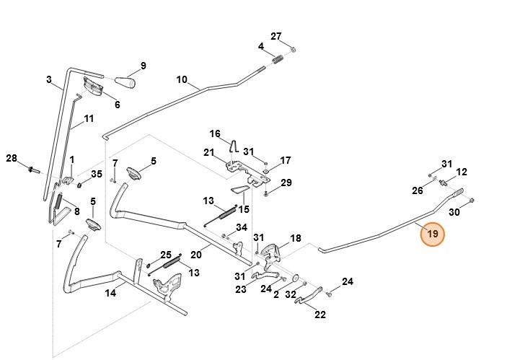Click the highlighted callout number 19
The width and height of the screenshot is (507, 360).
click(x=433, y=234)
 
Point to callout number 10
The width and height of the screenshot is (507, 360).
click(x=182, y=79)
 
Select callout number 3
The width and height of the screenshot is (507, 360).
click(x=49, y=80)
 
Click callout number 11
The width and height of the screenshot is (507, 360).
click(x=89, y=118)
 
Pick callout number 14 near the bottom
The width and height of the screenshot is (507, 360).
click(x=110, y=293)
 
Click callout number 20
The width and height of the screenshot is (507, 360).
click(x=195, y=254)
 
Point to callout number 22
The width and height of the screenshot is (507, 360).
click(x=319, y=314)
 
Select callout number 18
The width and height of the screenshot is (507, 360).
click(x=295, y=238)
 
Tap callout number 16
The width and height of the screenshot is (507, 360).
click(x=214, y=133)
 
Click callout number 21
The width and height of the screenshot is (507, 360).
click(x=209, y=152)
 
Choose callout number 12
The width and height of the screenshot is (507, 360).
click(x=462, y=172)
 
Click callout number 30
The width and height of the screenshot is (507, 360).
click(x=454, y=212)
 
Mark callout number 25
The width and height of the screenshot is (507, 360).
click(x=165, y=255)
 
